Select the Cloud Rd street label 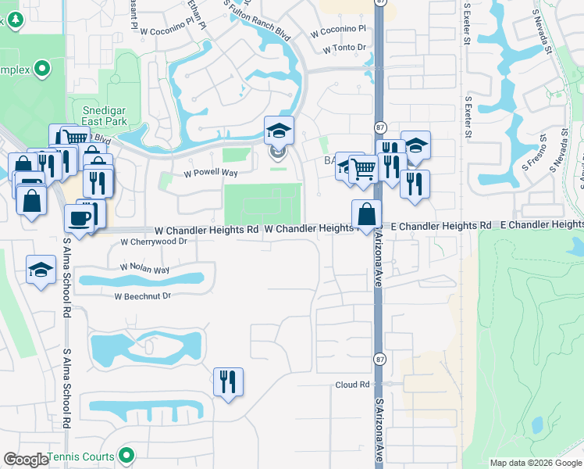coord(352,385)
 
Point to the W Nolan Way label coord(144,269)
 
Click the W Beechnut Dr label coord(142,296)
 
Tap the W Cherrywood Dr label coord(154,242)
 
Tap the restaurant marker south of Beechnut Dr coord(228,382)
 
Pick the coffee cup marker coord(80,218)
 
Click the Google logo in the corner coord(26,460)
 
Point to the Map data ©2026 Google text coord(536,463)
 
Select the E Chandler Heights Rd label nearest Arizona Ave coord(442,225)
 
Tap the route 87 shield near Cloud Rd coord(379,360)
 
